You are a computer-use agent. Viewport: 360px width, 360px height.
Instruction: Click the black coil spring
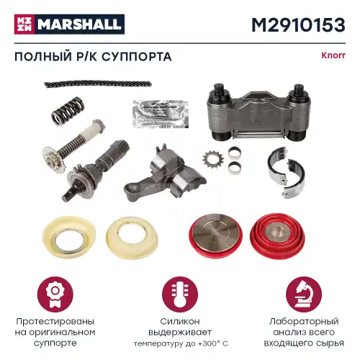pos(68,113)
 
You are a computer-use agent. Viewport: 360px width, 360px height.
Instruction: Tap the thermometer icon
pos(179,294)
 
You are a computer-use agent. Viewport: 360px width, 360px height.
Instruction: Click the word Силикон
pos(179,320)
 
